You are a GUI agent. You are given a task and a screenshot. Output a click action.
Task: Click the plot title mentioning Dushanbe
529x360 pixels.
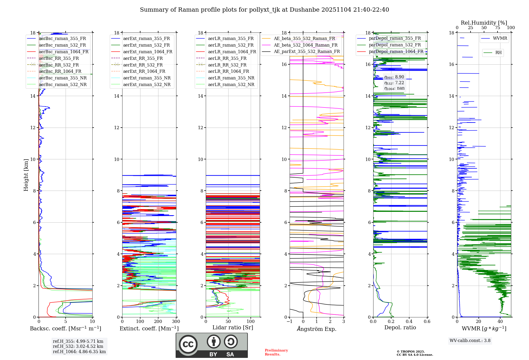click(264, 10)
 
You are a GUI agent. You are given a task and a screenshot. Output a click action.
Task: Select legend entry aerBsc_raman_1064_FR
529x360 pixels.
click(63, 52)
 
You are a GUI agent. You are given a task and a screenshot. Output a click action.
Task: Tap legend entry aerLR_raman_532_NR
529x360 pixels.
click(231, 85)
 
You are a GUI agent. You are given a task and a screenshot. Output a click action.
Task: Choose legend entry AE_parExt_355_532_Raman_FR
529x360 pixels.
click(307, 52)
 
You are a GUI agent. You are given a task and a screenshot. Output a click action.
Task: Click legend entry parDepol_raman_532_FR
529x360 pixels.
click(395, 45)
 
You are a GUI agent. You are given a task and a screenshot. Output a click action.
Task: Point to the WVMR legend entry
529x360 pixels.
click(500, 38)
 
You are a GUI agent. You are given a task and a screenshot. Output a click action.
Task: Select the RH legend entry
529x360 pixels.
click(498, 53)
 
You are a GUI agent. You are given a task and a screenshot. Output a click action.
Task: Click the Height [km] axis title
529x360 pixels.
click(26, 175)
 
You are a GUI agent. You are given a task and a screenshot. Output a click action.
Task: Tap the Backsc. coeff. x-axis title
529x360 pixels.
click(65, 328)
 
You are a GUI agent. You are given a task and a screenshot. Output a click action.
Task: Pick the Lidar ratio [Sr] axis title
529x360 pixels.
click(233, 327)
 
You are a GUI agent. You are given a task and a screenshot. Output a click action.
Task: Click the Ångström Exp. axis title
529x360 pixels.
click(317, 329)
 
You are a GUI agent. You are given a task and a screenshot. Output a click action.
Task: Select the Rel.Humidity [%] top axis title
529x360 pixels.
click(484, 23)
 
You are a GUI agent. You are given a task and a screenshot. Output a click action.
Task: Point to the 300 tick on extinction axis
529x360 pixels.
click(176, 322)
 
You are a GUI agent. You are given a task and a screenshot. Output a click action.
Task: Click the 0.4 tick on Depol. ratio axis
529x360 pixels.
click(409, 322)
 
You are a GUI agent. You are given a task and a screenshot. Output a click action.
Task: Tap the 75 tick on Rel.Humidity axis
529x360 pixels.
click(497, 28)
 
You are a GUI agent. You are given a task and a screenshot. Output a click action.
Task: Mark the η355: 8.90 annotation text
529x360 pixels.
click(394, 77)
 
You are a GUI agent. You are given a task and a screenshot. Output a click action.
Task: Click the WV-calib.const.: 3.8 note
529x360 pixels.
click(470, 341)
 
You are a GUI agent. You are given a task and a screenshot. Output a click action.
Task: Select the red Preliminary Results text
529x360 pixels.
click(276, 352)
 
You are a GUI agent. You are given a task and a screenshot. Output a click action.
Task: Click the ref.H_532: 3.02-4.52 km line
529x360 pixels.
click(78, 346)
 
